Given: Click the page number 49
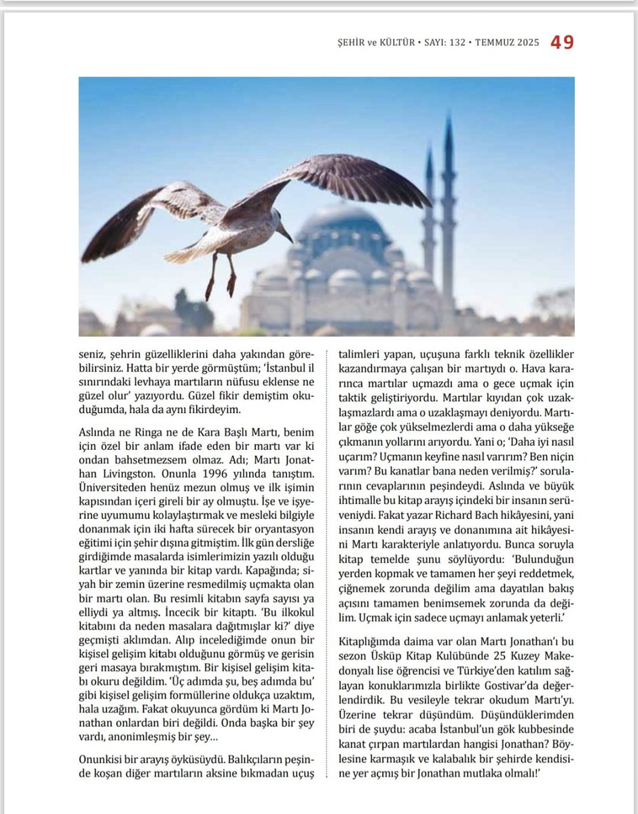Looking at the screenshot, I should pyautogui.click(x=562, y=43).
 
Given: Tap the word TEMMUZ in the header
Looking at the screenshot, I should pyautogui.click(x=498, y=43).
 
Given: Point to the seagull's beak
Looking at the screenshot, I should pyautogui.click(x=286, y=235).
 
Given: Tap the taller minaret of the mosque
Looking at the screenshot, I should pyautogui.click(x=449, y=203).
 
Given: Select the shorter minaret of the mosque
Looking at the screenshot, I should pyautogui.click(x=429, y=210).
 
